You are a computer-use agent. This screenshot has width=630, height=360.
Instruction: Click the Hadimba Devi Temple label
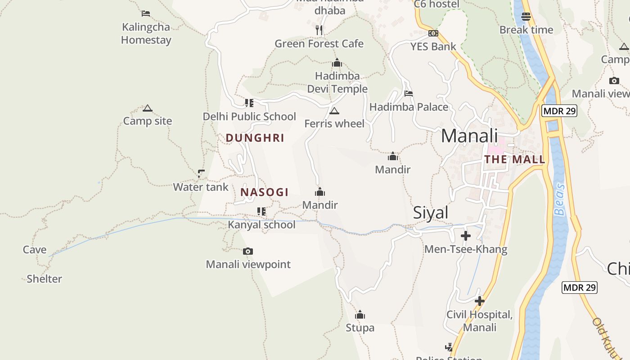click(x=337, y=82)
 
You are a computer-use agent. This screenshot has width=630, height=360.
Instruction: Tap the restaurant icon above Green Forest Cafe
click(x=319, y=30)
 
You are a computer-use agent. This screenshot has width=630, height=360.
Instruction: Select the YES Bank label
click(x=433, y=46)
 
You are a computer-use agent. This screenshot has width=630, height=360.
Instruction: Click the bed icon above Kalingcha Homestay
click(x=145, y=13)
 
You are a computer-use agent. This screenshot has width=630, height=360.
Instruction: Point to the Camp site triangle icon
click(x=147, y=108)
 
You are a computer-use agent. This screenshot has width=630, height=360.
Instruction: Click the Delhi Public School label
click(x=249, y=117)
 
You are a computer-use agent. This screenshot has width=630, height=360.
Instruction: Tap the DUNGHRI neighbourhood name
click(x=255, y=138)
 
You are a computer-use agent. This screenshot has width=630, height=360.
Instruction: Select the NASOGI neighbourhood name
click(x=264, y=193)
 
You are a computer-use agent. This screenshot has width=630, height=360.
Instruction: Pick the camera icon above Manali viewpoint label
click(x=247, y=251)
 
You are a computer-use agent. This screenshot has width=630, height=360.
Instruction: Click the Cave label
click(x=35, y=250)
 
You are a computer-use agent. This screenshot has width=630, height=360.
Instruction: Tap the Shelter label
click(x=44, y=279)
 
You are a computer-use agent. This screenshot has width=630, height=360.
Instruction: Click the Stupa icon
click(x=360, y=315)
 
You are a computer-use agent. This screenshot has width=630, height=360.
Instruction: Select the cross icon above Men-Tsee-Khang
click(x=466, y=236)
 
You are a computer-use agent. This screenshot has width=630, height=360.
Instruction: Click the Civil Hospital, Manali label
click(x=479, y=321)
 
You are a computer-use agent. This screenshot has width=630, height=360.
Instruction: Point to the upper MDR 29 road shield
click(x=559, y=111)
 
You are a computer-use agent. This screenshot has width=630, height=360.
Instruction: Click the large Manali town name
click(x=469, y=136)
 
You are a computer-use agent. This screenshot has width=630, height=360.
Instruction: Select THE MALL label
click(x=514, y=159)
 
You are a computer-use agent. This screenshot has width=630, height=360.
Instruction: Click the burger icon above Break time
click(x=526, y=17)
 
